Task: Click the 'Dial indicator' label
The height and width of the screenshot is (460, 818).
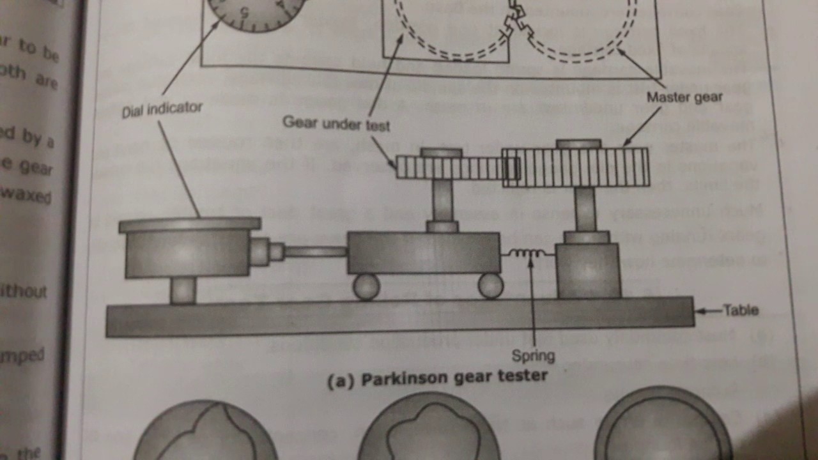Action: pos(162,110)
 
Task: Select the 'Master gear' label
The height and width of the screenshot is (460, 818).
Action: pos(684,97)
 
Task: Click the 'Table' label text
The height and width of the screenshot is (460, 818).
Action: pos(741,310)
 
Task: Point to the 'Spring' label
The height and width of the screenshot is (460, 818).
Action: pos(533,355)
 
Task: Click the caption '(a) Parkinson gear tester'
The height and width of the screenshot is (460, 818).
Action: pos(437,378)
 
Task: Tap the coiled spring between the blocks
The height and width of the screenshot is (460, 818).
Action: pos(528,254)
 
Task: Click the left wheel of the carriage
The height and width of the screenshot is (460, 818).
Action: pos(366,286)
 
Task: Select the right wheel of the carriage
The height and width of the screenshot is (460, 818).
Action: pos(491,286)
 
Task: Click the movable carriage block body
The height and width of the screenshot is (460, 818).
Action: pos(423,253)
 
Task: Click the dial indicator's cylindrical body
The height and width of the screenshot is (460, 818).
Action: pos(187,253)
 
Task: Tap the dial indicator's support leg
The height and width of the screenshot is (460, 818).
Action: pos(183,291)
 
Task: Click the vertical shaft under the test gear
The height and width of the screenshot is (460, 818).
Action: pos(442,200)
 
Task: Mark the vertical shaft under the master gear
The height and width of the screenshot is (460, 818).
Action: pos(585,208)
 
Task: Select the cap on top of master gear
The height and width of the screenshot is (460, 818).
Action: pos(579,144)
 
